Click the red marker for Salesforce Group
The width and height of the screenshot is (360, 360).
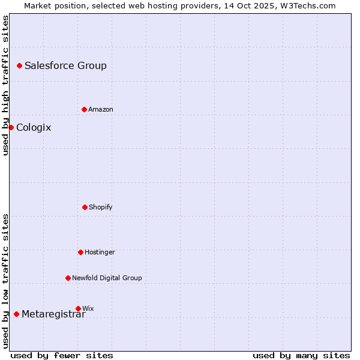pyautogui.click(x=19, y=65)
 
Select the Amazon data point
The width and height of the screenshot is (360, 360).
pyautogui.click(x=84, y=109)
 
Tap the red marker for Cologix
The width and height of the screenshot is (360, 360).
pyautogui.click(x=11, y=127)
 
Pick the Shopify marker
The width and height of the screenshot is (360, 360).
pyautogui.click(x=85, y=207)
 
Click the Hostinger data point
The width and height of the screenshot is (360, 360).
pyautogui.click(x=80, y=252)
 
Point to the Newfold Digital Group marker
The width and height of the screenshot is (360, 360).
pyautogui.click(x=68, y=278)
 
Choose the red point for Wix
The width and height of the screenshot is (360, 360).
pyautogui.click(x=78, y=308)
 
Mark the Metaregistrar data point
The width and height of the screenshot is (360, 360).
pyautogui.click(x=16, y=314)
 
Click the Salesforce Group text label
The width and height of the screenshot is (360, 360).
pyautogui.click(x=65, y=66)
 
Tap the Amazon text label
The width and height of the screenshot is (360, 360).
pyautogui.click(x=101, y=109)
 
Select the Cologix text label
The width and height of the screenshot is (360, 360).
pyautogui.click(x=34, y=128)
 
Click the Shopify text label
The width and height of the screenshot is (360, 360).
pyautogui.click(x=101, y=207)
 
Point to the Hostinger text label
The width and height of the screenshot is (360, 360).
pyautogui.click(x=100, y=252)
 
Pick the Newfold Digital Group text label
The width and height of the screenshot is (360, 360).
pyautogui.click(x=107, y=278)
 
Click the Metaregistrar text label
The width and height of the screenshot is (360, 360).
pyautogui.click(x=53, y=314)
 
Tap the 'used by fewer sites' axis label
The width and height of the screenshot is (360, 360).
pyautogui.click(x=62, y=355)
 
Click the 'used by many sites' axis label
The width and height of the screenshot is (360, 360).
pyautogui.click(x=301, y=355)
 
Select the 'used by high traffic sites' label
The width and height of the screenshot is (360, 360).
pyautogui.click(x=5, y=85)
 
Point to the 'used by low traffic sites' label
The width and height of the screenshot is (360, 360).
pyautogui.click(x=5, y=280)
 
